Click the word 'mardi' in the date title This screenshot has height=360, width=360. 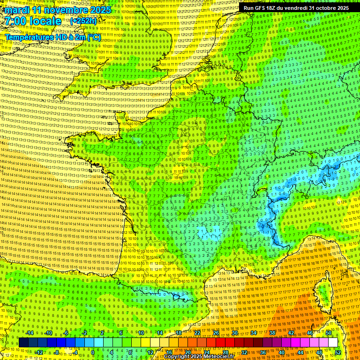click(17, 10)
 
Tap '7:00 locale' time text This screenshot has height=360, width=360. click(33, 21)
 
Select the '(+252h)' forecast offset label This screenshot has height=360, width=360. click(83, 21)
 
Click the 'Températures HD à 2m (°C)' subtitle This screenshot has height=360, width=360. click(52, 37)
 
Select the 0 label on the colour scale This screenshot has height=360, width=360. click(93, 352)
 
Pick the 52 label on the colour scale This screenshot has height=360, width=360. click(338, 352)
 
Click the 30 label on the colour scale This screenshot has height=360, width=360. click(234, 333)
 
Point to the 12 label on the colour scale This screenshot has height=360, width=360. click(151, 352)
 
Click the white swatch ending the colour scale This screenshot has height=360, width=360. click(333, 343)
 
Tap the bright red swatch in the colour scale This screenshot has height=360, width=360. click(220, 343)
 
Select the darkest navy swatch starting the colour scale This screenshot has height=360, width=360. click(23, 343)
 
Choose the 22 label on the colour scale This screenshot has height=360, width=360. click(197, 333)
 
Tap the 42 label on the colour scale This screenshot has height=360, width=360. click(291, 333)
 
